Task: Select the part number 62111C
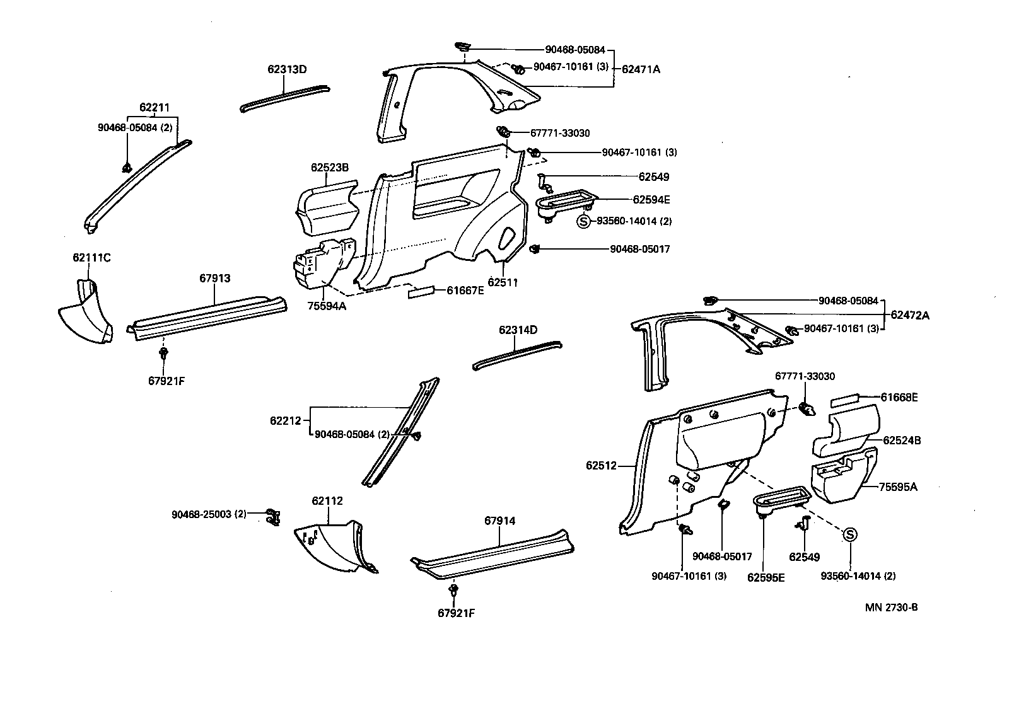pyautogui.click(x=91, y=258)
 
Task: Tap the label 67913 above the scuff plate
pyautogui.click(x=215, y=279)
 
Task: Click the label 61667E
pyautogui.click(x=465, y=291)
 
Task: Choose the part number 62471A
pyautogui.click(x=641, y=69)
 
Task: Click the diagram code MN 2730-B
pyautogui.click(x=891, y=608)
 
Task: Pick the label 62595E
pyautogui.click(x=766, y=577)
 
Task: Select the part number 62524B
pyautogui.click(x=902, y=441)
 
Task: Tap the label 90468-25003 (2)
pyautogui.click(x=209, y=514)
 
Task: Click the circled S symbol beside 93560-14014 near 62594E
pyautogui.click(x=584, y=221)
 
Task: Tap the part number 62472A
pyautogui.click(x=910, y=315)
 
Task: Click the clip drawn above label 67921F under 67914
pyautogui.click(x=453, y=591)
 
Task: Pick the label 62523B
pyautogui.click(x=329, y=168)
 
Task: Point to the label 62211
pyautogui.click(x=154, y=108)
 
